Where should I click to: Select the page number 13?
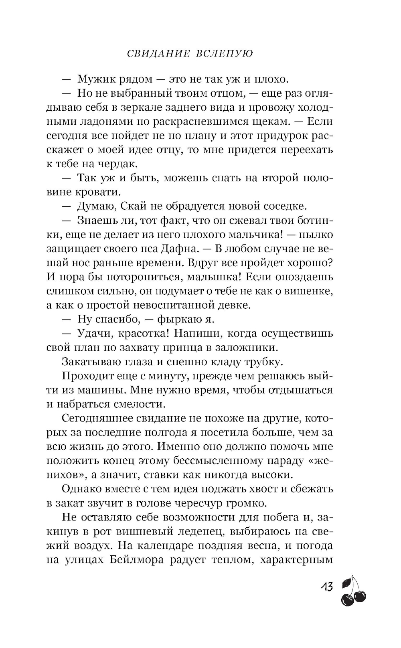(326, 587)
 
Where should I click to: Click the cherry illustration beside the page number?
(353, 589)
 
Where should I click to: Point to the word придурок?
(286, 136)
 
